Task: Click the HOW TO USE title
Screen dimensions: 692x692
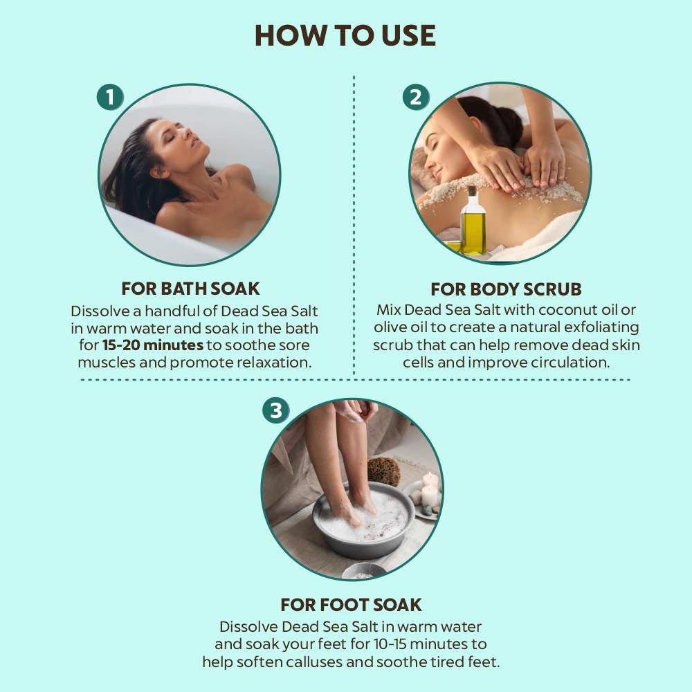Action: pyautogui.click(x=345, y=35)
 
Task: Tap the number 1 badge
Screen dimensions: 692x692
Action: pyautogui.click(x=110, y=97)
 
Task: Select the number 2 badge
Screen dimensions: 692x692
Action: pyautogui.click(x=416, y=97)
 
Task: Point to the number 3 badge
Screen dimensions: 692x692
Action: pyautogui.click(x=276, y=410)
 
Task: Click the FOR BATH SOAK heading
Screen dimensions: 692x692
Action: pyautogui.click(x=191, y=289)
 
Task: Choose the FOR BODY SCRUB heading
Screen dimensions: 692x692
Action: pyautogui.click(x=507, y=289)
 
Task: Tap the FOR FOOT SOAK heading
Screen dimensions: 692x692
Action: pyautogui.click(x=352, y=605)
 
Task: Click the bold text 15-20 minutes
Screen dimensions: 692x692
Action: pyautogui.click(x=153, y=345)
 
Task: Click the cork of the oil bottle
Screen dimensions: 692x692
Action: pyautogui.click(x=472, y=191)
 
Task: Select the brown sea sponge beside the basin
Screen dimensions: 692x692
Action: pyautogui.click(x=383, y=471)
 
